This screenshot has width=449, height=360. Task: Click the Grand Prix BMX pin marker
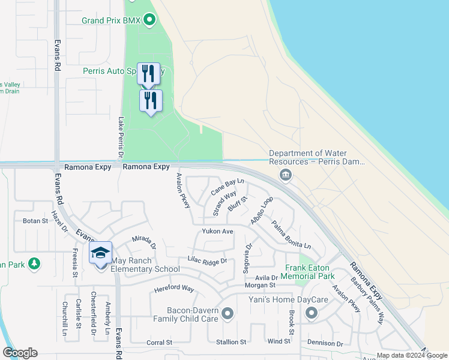coord(149,21)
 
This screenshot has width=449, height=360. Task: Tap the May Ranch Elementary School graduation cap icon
coord(101,253)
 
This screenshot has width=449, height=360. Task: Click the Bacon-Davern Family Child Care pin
coord(228,313)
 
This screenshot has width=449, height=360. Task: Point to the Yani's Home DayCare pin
coord(311,313)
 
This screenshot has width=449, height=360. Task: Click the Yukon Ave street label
coord(217,231)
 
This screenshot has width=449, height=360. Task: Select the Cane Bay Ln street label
coord(228,187)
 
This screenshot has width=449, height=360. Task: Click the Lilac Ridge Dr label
coord(207,261)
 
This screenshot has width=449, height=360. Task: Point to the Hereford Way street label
coord(175,289)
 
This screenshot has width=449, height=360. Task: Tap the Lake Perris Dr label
coord(121,137)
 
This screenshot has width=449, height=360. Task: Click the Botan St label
coord(35,221)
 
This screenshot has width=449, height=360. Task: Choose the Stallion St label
coord(231,342)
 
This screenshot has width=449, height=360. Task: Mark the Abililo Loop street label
coord(262,211)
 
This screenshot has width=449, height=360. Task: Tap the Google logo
coord(20,353)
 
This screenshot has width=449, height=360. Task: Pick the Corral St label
coord(159,343)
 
